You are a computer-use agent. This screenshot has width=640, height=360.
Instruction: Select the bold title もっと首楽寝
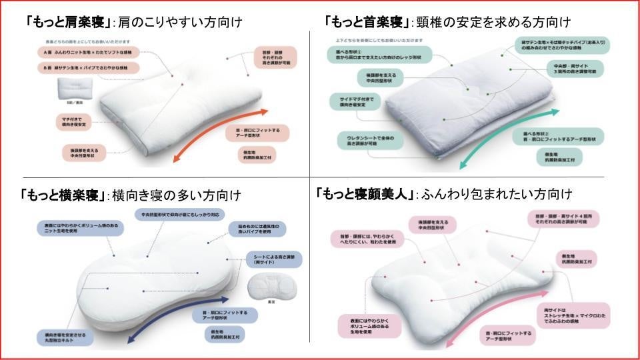(x=367, y=22)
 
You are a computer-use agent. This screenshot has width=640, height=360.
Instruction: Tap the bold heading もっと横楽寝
(x=64, y=195)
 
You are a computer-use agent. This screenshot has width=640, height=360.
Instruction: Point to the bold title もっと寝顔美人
(x=366, y=194)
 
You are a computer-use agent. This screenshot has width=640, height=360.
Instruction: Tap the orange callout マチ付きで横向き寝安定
(x=75, y=121)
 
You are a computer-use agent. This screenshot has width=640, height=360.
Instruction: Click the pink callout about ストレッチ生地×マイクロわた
(x=573, y=313)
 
